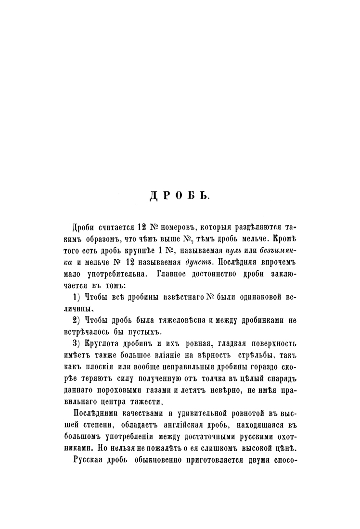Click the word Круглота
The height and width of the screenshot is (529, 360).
(x=102, y=344)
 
